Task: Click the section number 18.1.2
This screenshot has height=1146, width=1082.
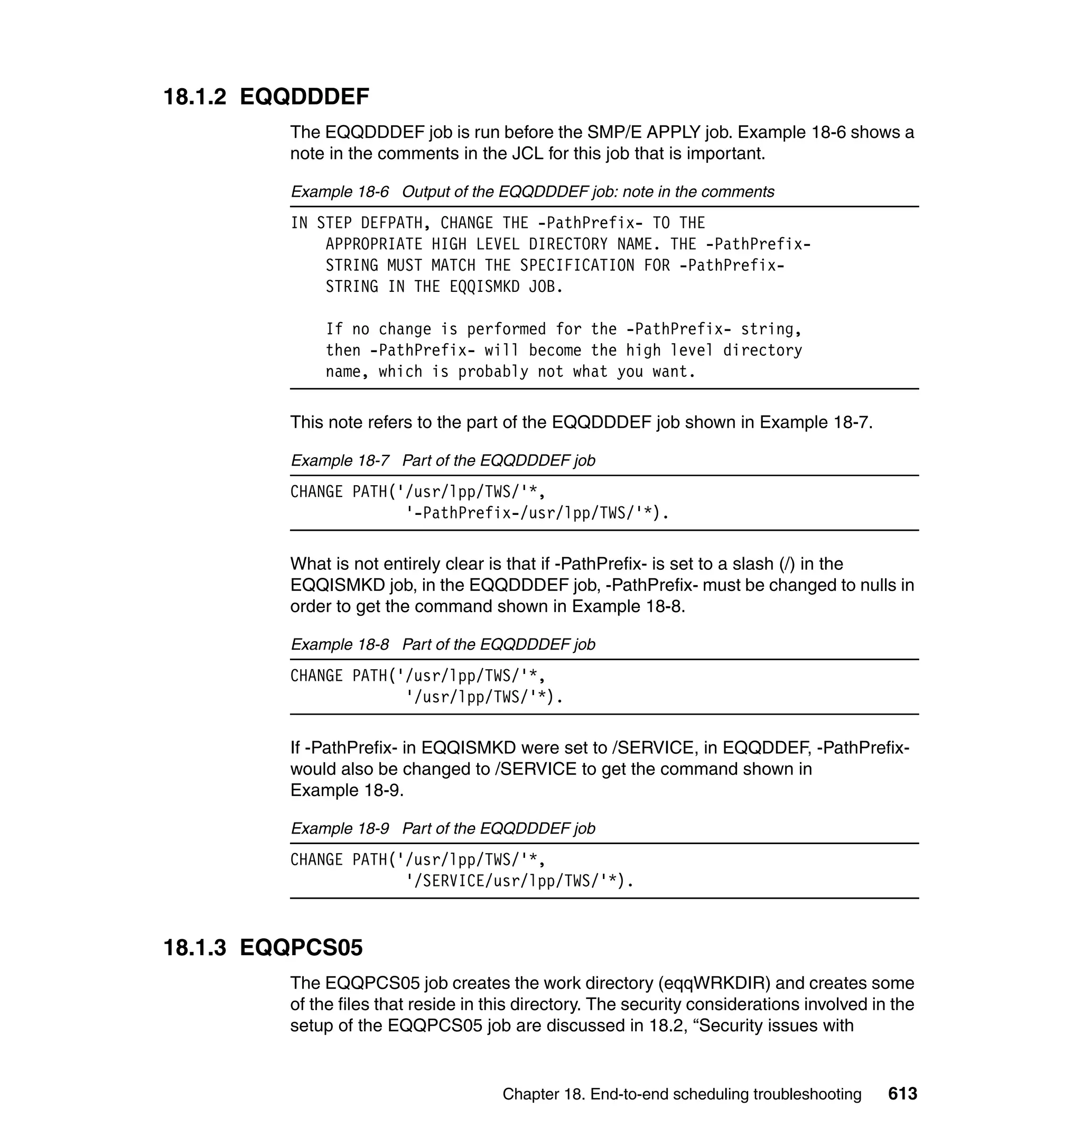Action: [195, 96]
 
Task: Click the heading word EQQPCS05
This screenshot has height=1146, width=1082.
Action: [301, 947]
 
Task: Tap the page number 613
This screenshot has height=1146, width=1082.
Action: [902, 1094]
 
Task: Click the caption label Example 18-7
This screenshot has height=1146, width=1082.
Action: [340, 460]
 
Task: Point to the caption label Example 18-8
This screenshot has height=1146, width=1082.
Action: [340, 644]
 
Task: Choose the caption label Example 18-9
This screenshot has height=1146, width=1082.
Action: [340, 828]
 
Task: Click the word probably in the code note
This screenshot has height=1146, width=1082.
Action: [493, 372]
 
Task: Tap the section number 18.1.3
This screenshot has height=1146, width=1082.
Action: [195, 947]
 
